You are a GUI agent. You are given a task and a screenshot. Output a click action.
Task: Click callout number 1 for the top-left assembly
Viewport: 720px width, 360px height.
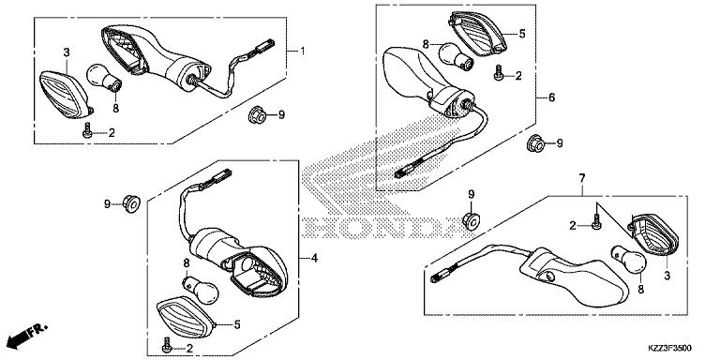tap(302, 51)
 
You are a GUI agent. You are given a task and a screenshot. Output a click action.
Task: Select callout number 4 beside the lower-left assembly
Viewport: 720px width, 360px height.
tap(314, 259)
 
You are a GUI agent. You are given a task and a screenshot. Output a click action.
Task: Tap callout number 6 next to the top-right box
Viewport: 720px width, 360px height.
tap(551, 97)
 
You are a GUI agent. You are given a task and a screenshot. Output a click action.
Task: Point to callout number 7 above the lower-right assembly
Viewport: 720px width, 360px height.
tap(581, 178)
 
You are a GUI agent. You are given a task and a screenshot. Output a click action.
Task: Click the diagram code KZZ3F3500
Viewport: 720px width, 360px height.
tap(669, 348)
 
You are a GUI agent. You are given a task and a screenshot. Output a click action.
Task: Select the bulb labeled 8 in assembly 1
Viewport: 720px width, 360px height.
tap(104, 78)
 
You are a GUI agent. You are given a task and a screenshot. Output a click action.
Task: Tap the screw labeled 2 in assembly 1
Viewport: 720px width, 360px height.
tap(86, 133)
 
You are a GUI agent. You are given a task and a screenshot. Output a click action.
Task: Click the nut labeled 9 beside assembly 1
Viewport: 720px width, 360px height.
tap(258, 114)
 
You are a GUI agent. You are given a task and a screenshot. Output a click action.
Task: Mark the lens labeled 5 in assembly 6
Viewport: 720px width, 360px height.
tap(477, 34)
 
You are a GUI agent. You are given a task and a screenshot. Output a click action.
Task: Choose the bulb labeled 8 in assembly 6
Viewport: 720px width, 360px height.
tap(456, 56)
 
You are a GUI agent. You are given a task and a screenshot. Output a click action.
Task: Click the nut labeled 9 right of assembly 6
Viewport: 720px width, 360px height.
tap(534, 142)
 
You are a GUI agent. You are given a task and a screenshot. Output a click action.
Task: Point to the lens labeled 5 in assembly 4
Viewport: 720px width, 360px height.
tap(187, 318)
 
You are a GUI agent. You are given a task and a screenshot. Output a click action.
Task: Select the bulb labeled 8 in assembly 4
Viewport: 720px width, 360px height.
tap(201, 290)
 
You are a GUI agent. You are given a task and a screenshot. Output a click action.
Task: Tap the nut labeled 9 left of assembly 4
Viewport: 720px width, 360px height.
tap(131, 202)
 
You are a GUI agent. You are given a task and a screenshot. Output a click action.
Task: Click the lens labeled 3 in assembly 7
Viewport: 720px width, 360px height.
tap(652, 234)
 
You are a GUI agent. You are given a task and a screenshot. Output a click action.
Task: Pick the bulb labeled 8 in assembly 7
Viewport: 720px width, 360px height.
tap(628, 260)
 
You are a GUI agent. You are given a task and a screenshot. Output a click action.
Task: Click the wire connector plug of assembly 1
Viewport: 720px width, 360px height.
tap(266, 45)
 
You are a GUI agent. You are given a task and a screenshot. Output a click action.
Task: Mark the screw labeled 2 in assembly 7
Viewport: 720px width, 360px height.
tap(596, 222)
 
